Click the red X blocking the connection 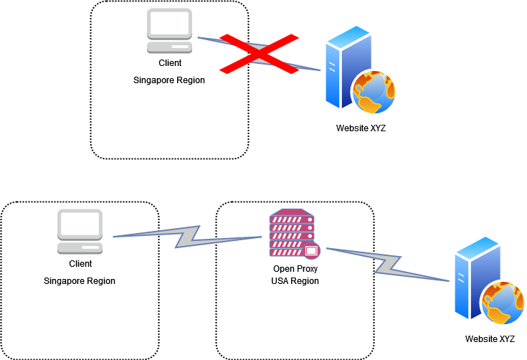coord(260,52)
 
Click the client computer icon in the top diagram coord(169,32)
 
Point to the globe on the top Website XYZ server coord(373,94)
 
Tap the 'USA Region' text coord(295,280)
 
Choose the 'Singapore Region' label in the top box coord(169,80)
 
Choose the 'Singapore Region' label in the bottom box coord(80,280)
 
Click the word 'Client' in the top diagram coord(169,64)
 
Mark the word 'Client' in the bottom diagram coord(80,263)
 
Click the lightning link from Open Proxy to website coord(387,264)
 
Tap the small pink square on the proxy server coord(311,251)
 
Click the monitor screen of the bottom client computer coord(80,224)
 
